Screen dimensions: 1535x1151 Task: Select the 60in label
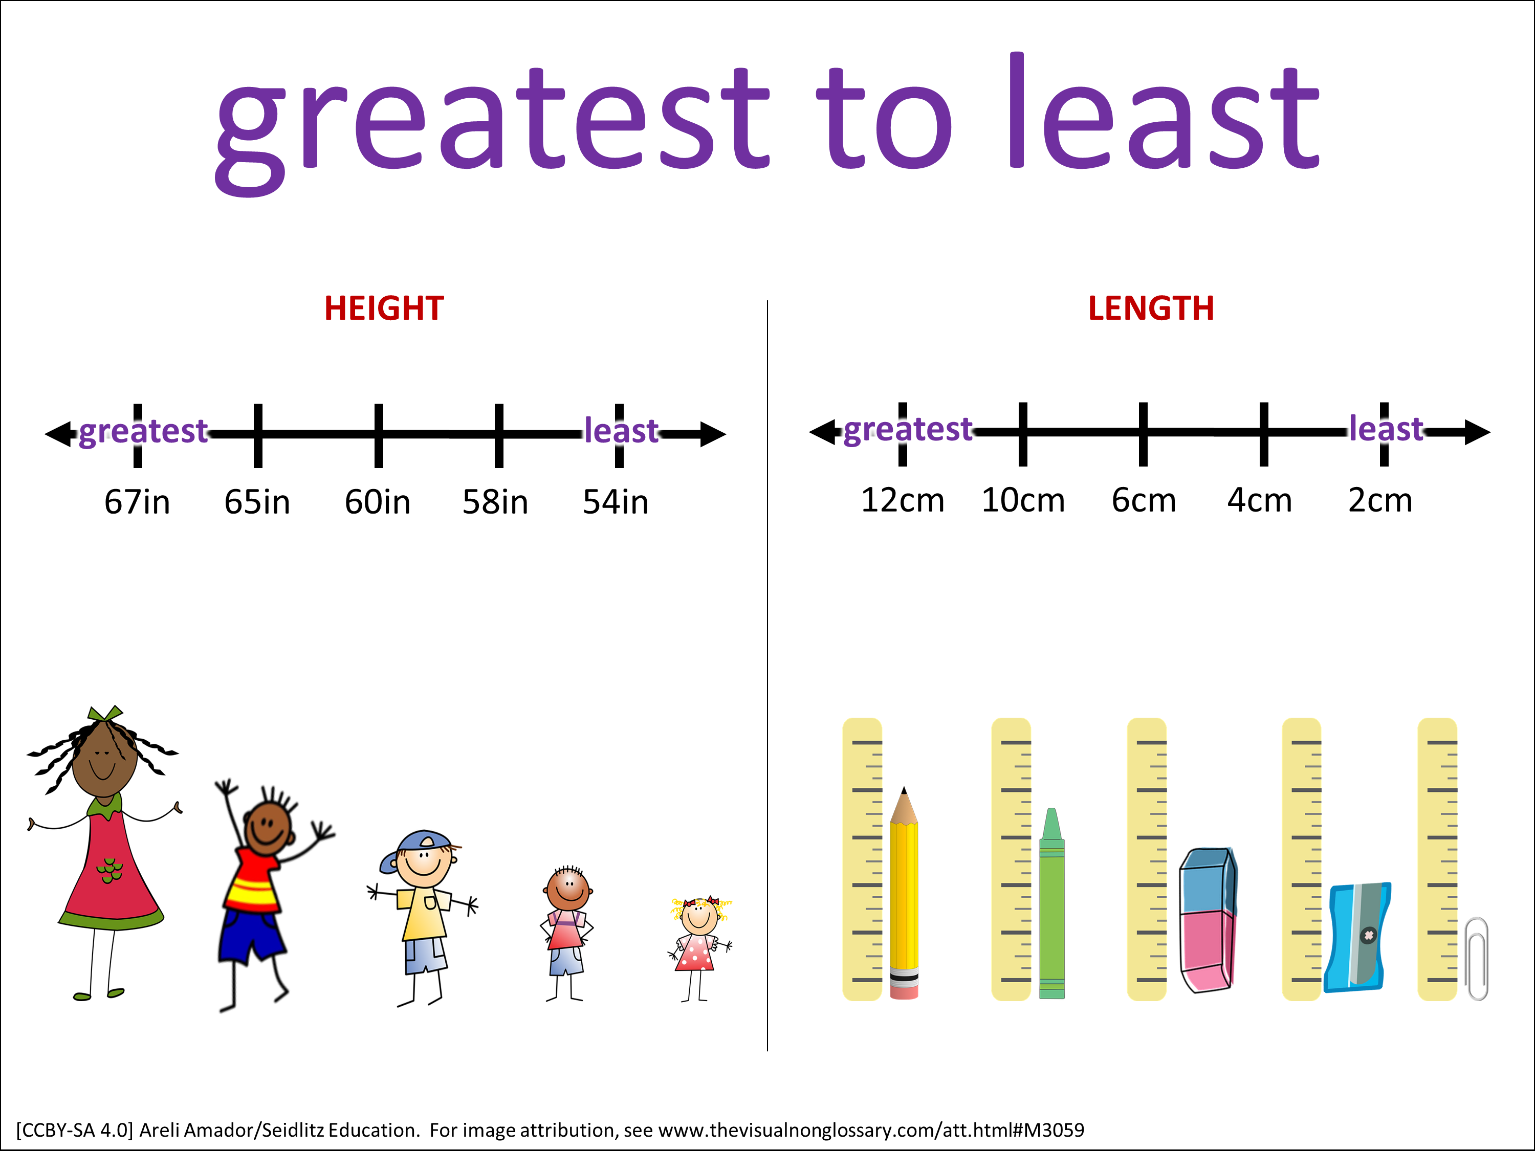pos(378,502)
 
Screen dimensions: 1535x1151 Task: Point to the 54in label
pos(616,502)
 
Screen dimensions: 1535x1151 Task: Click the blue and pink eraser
pos(1208,920)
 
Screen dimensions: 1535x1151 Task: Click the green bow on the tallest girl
pos(105,714)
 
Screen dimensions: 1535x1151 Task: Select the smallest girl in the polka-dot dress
pos(699,949)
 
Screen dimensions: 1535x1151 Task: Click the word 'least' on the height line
pos(621,431)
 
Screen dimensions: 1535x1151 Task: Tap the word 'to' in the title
pos(883,118)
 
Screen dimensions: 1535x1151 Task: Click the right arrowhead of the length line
pos(1477,432)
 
